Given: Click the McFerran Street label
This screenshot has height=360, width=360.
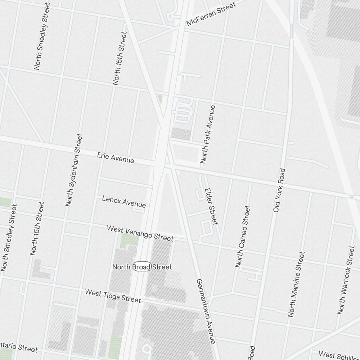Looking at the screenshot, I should coord(211,14).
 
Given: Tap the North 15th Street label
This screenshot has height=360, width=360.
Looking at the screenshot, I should coord(120,58).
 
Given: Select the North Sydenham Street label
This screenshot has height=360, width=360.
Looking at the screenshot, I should coord(74,170).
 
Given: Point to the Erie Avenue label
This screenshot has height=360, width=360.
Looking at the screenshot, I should coord(116,158).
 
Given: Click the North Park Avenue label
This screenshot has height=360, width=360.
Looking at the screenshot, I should coord(208,134).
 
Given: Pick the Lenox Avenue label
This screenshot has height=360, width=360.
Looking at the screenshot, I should coord(124,202).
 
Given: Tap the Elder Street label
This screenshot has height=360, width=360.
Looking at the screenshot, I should coord(211,206).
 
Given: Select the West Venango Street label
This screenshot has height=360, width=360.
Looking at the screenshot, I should coord(140,233).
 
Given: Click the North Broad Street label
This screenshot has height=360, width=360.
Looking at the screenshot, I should coord(142,267).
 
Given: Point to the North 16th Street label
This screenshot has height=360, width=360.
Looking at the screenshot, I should coord(37,229).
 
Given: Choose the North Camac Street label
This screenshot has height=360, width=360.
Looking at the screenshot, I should coord(243,237).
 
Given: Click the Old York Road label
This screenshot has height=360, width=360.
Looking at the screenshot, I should coord(279,190).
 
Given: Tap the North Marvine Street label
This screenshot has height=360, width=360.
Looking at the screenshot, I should coord(296,284).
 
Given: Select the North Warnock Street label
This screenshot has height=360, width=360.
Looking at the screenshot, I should coord(346,280).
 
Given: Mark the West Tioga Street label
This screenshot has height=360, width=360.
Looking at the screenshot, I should coord(113,295).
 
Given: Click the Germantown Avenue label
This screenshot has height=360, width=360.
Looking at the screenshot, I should coord(206,311).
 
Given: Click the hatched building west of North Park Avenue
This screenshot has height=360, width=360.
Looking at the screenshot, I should coord(181,134).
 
